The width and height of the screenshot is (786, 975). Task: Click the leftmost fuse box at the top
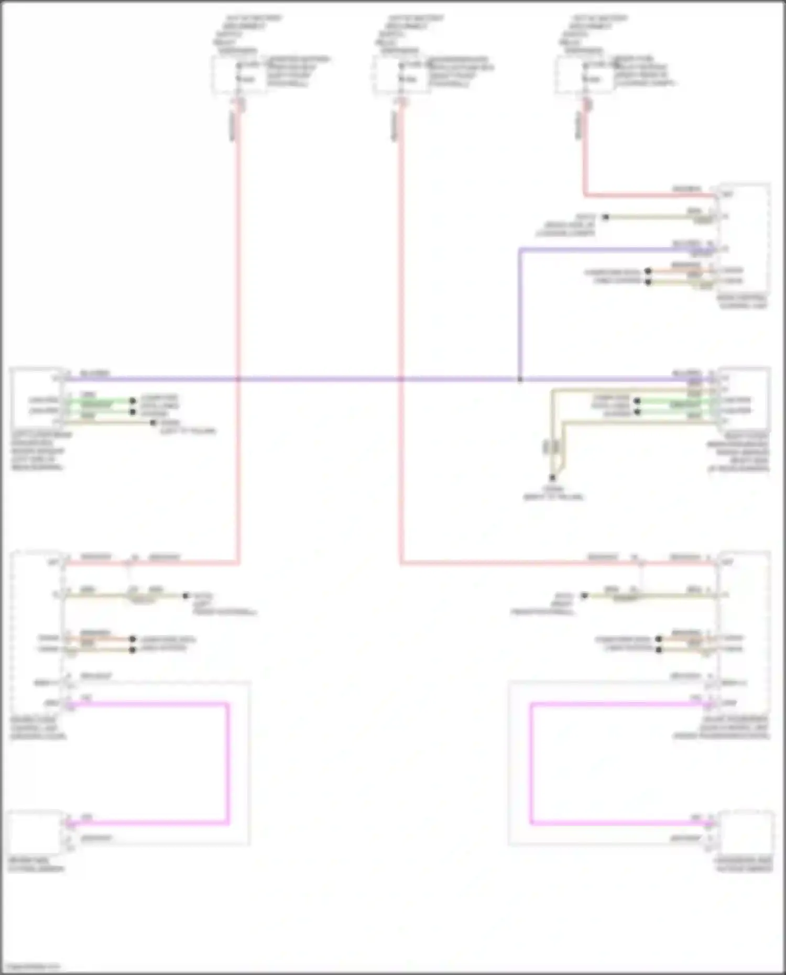[x=238, y=75]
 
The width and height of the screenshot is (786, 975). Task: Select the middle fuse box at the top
[x=401, y=75]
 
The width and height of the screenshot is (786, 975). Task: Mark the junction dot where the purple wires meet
[x=520, y=379]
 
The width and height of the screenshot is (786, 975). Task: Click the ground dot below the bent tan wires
[x=552, y=478]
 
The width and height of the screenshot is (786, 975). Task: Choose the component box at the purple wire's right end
[x=744, y=399]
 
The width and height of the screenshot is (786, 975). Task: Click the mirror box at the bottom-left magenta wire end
[x=36, y=833]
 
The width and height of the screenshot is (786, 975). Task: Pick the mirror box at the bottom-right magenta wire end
[x=745, y=833]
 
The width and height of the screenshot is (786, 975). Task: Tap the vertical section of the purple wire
[x=520, y=314]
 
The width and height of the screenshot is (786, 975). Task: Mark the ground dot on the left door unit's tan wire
[x=185, y=596]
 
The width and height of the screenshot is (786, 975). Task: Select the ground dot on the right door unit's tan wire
[x=584, y=596]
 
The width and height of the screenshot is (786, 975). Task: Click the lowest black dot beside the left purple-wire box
[x=153, y=422]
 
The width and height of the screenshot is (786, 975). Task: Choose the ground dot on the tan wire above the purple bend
[x=605, y=217]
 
